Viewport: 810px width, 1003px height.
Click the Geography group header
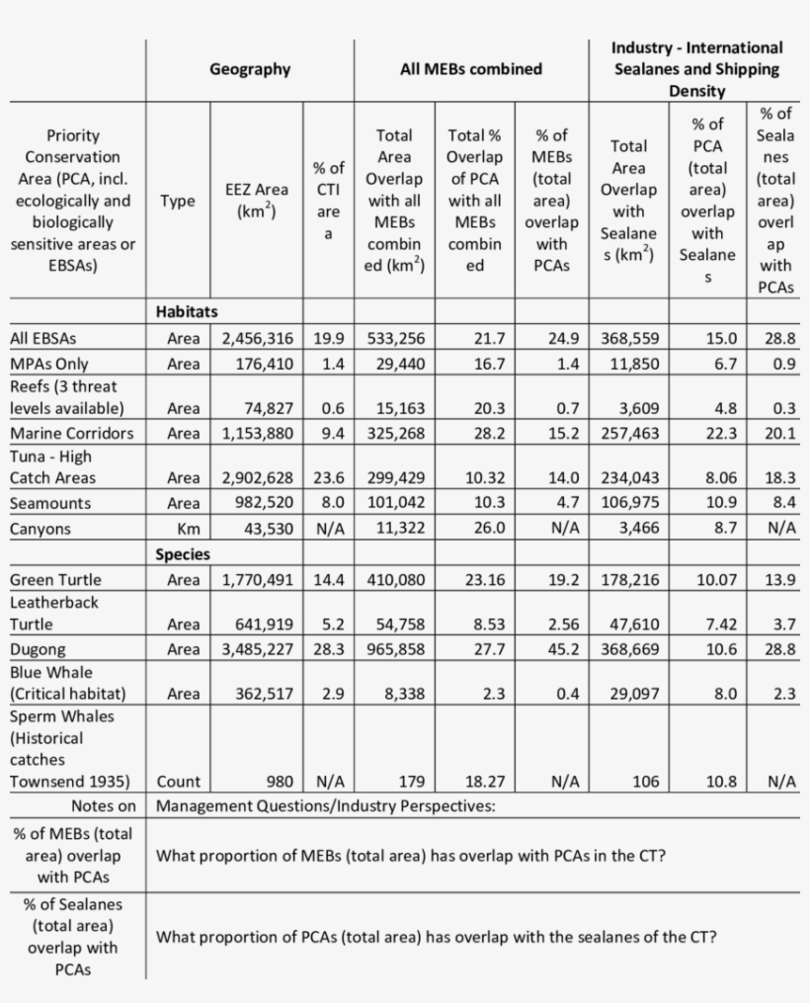coord(250,69)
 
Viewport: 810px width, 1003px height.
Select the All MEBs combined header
coord(471,69)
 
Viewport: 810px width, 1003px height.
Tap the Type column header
coord(178,201)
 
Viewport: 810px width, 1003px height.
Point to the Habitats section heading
coord(187,312)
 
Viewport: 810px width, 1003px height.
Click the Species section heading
coord(183,554)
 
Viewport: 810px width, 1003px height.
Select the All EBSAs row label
coord(43,338)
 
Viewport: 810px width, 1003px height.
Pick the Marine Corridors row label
coord(71,433)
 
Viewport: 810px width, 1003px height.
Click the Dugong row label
coord(38,649)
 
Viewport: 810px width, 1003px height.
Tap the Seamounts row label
coord(50,503)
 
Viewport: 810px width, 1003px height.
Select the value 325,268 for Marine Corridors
coord(396,433)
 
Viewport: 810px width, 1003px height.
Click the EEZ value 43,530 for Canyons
coord(269,529)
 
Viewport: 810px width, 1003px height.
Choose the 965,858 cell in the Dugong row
coord(396,649)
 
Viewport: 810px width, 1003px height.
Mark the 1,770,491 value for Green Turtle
coord(257,580)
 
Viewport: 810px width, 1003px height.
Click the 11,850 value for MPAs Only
coord(633,364)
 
